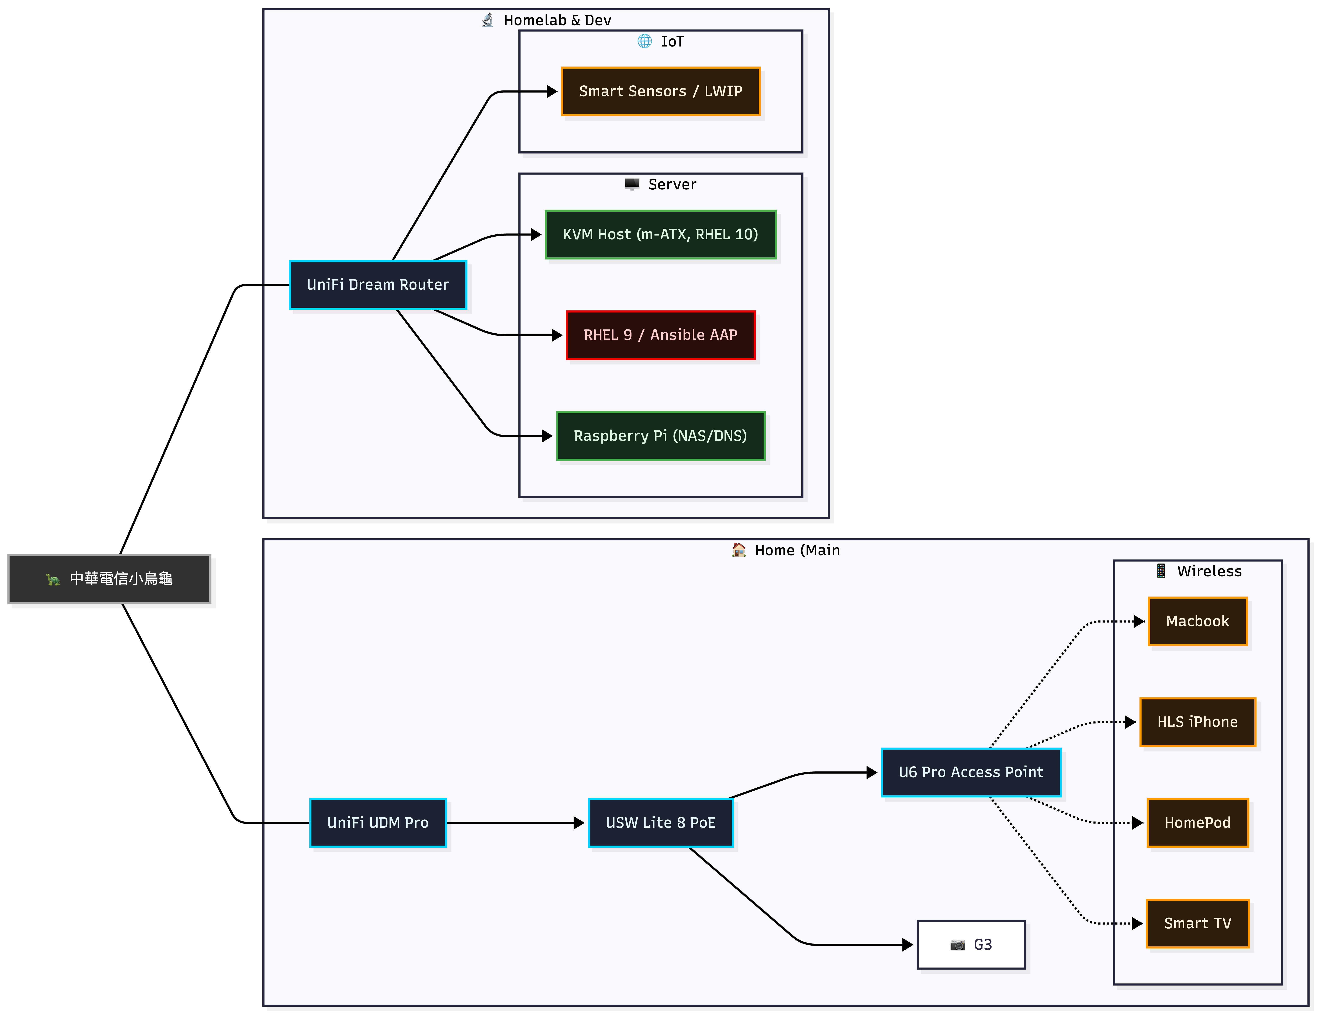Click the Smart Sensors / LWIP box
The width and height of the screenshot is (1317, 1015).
pos(660,91)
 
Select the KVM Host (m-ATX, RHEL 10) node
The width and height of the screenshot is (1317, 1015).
pos(660,234)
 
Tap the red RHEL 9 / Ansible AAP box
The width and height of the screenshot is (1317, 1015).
pos(660,335)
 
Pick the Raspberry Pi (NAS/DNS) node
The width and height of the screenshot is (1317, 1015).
pos(660,436)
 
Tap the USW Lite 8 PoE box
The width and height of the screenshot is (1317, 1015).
pos(660,823)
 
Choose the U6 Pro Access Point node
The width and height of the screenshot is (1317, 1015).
pos(971,772)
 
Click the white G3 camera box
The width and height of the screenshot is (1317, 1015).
pos(971,945)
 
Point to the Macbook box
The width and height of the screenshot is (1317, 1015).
pos(1198,621)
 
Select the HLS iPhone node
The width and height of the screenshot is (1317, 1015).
pos(1198,722)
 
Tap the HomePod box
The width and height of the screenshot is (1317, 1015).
pos(1198,823)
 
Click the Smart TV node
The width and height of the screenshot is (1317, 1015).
pos(1198,923)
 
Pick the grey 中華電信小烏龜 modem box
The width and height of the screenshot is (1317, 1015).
pos(109,579)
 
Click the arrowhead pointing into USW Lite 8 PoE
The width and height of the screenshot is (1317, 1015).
pos(579,823)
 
